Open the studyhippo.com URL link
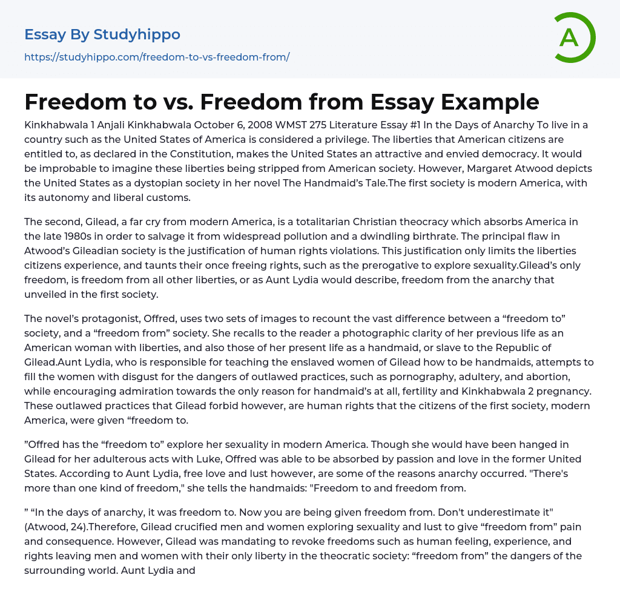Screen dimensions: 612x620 157,57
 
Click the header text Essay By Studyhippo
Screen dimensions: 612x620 102,35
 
